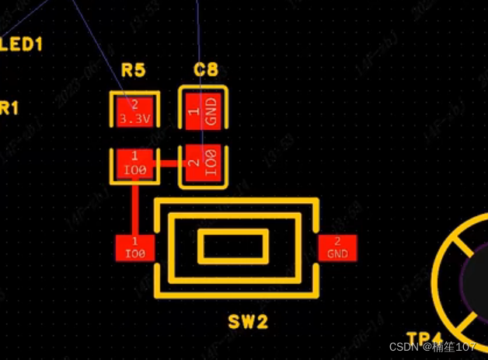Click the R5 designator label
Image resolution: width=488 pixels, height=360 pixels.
pos(133,71)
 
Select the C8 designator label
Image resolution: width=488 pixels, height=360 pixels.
pos(205,71)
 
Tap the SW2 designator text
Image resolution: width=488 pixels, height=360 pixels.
pos(248,321)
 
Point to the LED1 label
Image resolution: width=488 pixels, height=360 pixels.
pos(22,44)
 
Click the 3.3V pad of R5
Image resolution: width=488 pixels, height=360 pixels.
pos(134,111)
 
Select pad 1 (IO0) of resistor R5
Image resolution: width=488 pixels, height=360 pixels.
pos(134,163)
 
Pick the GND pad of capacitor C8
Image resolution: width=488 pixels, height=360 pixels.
pos(204,111)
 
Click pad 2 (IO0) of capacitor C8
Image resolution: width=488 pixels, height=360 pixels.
pos(204,163)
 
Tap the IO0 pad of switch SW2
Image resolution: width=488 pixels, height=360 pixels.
pos(135,247)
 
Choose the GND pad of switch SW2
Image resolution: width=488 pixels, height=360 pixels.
pos(337,247)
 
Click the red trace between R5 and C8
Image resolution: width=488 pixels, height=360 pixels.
pos(169,163)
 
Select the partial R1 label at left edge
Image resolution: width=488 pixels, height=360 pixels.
pos(8,108)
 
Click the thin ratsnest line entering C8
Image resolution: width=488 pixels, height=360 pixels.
pos(200,47)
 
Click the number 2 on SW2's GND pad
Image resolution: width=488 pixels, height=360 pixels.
pos(337,241)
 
